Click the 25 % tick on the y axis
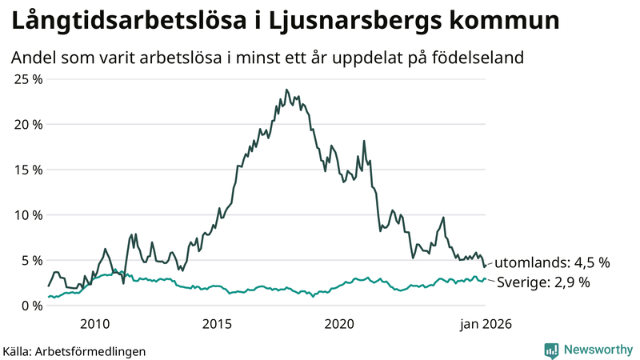coord(27,79)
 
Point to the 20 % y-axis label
coord(27,125)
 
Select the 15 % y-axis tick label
coord(27,170)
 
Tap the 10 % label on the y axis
coord(27,215)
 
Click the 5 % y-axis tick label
coord(30,260)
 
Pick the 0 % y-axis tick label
coord(30,306)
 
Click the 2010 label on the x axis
coord(94,324)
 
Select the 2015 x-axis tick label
coord(217,324)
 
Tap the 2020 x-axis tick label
coord(339,324)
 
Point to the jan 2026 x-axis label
coord(485,324)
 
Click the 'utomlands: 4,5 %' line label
coord(552,262)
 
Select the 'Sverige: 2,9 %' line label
coord(544,282)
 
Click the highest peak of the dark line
coord(286,90)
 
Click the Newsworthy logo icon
coord(551,350)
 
